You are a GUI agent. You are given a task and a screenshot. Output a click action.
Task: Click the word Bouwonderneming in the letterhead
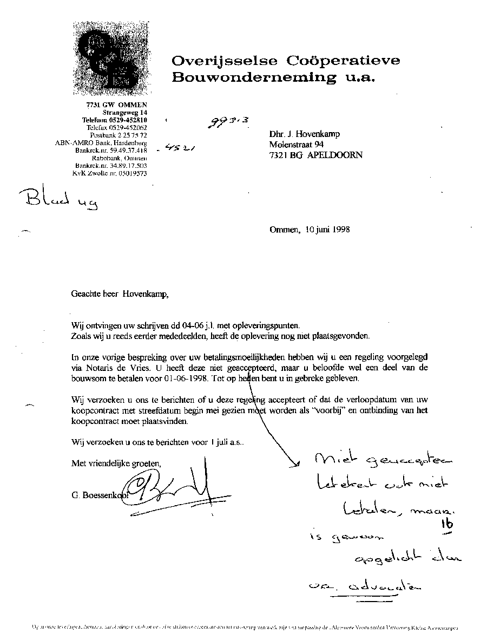coord(253,77)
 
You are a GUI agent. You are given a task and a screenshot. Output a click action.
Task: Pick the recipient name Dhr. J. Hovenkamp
coord(305,134)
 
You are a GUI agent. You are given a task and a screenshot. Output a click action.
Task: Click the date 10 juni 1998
coord(327,229)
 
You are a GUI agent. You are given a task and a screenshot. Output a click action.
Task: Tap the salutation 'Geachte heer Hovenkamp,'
coord(120,294)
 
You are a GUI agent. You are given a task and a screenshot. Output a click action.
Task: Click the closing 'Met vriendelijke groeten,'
coord(116,463)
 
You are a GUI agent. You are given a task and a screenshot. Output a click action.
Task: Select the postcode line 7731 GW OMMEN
coord(117,105)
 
